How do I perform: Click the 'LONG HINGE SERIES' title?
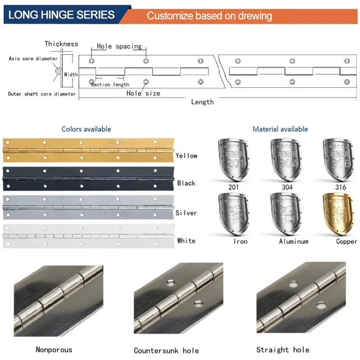tap(61, 15)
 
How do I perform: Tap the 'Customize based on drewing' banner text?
tap(209, 16)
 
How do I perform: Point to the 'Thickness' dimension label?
tap(61, 44)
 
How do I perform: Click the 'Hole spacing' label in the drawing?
tap(119, 46)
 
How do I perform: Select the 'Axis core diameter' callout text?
tap(33, 58)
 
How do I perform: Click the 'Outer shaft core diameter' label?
tap(42, 94)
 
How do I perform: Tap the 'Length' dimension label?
tap(202, 102)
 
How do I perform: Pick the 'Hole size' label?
tap(143, 93)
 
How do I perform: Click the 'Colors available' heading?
tap(86, 129)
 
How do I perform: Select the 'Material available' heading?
tap(280, 129)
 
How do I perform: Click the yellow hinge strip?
tap(88, 150)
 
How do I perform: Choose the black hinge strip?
tap(88, 179)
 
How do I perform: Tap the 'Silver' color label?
tap(186, 213)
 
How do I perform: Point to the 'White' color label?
tap(186, 241)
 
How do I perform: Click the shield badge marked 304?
tap(286, 160)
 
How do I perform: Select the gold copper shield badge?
tap(338, 214)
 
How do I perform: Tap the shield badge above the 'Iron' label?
tap(234, 214)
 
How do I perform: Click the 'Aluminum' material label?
tap(294, 241)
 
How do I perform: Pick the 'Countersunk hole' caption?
tap(166, 351)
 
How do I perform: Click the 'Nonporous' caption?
tap(54, 350)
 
